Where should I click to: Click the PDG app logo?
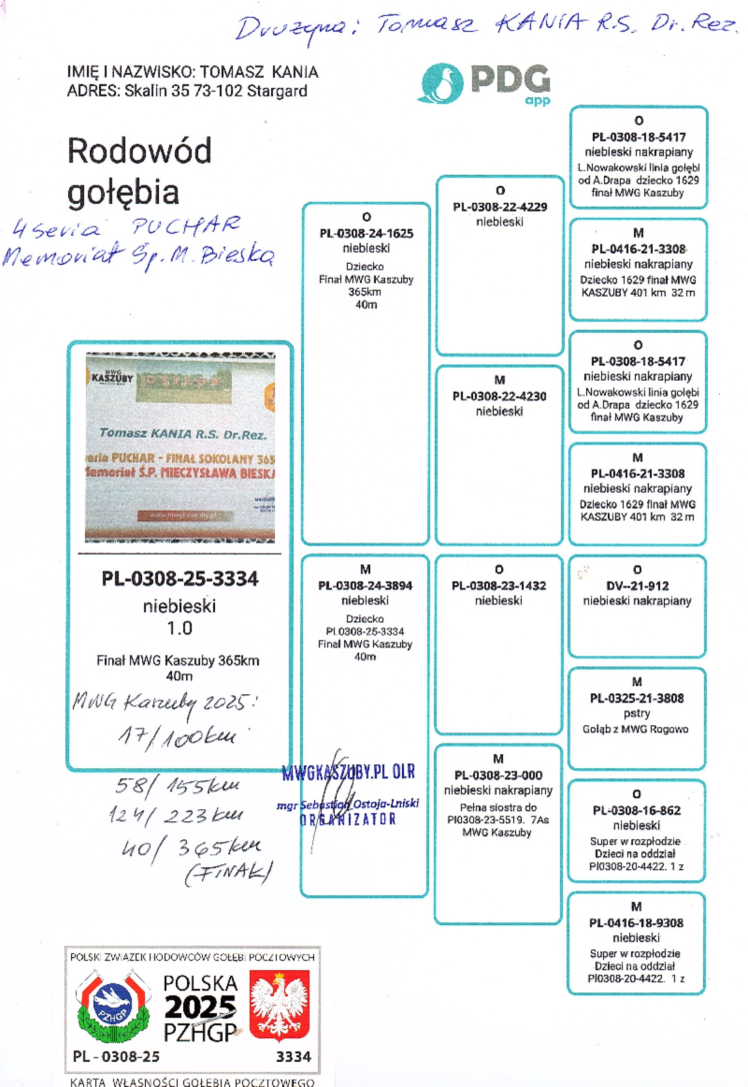pyautogui.click(x=483, y=82)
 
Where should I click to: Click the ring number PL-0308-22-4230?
pyautogui.click(x=499, y=396)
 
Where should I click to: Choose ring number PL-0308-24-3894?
pyautogui.click(x=366, y=586)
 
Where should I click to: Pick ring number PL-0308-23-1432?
pyautogui.click(x=499, y=586)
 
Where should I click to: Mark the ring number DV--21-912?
pyautogui.click(x=638, y=586)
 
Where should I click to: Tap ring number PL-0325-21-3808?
pyautogui.click(x=637, y=698)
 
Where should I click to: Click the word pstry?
pyautogui.click(x=637, y=713)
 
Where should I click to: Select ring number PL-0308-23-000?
pyautogui.click(x=498, y=775)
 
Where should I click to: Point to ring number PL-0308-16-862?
pyautogui.click(x=637, y=810)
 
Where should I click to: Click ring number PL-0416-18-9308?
pyautogui.click(x=637, y=922)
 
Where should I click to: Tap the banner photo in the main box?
pyautogui.click(x=180, y=447)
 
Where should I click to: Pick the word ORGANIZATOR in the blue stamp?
pyautogui.click(x=348, y=819)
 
